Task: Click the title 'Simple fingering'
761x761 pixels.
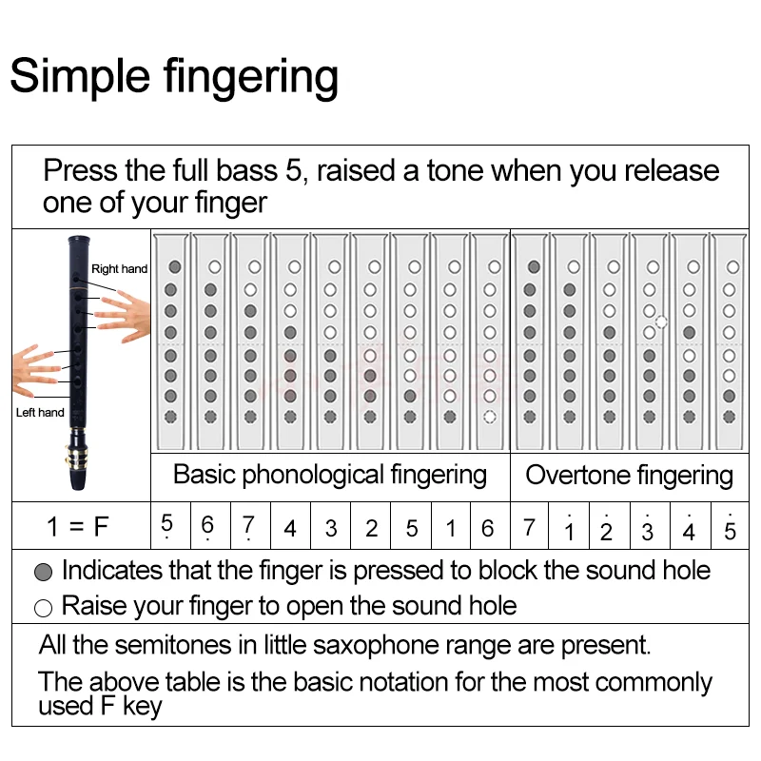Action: [174, 76]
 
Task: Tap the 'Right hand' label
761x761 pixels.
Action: [119, 269]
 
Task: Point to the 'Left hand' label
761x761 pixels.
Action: [40, 412]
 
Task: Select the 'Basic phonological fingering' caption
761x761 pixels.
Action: [329, 475]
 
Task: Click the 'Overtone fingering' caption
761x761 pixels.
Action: [629, 476]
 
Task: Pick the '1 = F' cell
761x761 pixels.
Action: [78, 527]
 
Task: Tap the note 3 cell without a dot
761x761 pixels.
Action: [330, 528]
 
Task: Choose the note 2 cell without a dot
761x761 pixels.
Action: [371, 528]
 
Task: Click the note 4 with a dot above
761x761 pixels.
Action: [689, 528]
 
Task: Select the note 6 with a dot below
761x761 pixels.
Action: [207, 527]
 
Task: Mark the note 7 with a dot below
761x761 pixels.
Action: [248, 527]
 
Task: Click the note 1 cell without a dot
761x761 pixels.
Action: [450, 528]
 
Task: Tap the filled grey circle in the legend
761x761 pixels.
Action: [43, 573]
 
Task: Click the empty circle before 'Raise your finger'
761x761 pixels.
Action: [43, 608]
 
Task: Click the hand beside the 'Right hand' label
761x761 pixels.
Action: [120, 309]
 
